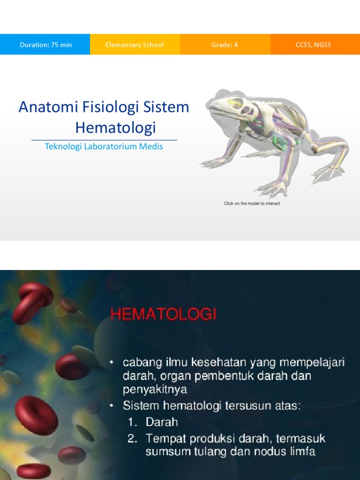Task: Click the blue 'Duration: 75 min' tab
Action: tap(45, 45)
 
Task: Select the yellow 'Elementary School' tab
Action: tap(135, 45)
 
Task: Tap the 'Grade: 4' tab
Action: tap(225, 45)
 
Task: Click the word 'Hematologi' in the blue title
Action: tap(115, 127)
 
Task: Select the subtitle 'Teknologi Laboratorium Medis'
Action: tap(104, 146)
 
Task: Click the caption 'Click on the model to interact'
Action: tap(252, 203)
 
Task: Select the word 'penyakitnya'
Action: tap(155, 389)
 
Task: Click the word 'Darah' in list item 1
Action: tap(162, 422)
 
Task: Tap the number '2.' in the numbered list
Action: tap(132, 439)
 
